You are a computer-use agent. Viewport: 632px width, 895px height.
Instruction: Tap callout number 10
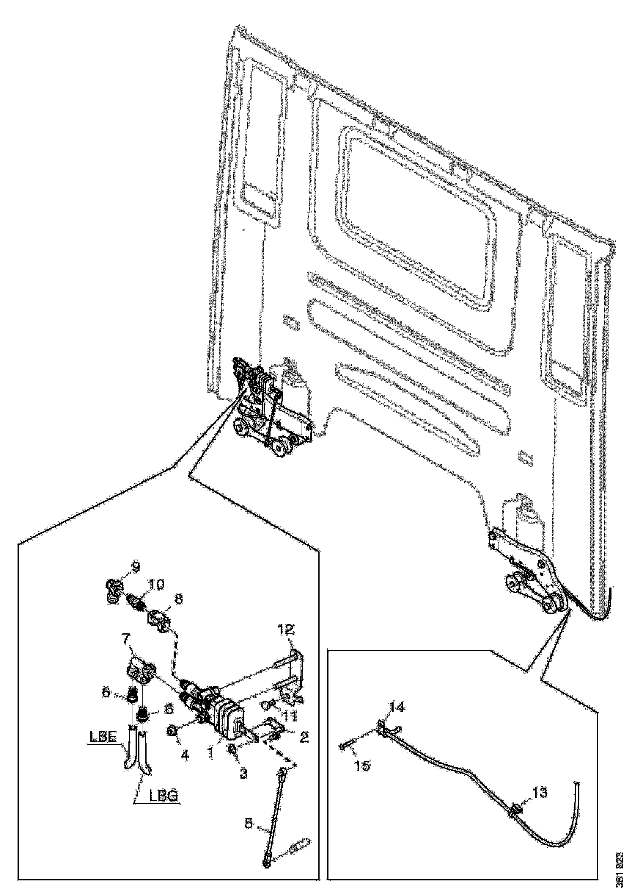(156, 585)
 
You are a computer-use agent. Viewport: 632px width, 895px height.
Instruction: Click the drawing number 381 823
(622, 875)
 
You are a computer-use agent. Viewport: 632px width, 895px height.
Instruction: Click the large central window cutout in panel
(417, 222)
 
